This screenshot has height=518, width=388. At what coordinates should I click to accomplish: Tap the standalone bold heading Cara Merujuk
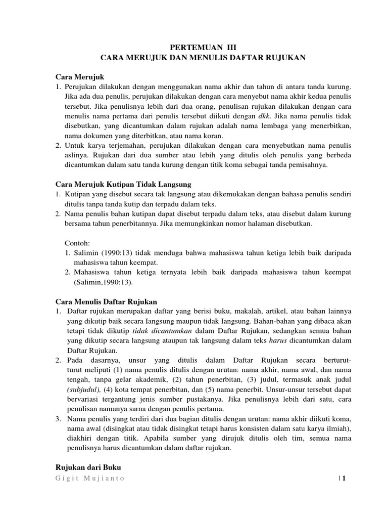coord(79,76)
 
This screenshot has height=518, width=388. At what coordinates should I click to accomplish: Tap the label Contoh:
coord(77,243)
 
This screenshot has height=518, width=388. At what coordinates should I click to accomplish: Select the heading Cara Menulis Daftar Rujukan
coord(107,301)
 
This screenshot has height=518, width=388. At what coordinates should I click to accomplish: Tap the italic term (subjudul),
coord(84,390)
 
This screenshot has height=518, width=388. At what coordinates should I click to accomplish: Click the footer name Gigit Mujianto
coord(90,479)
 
